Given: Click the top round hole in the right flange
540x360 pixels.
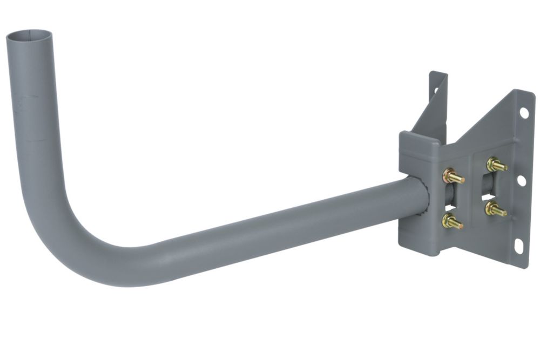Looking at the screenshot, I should point(523,112).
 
